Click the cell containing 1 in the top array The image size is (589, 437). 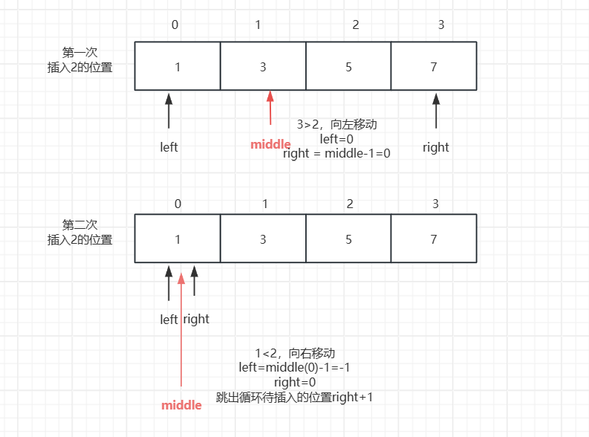tap(178, 66)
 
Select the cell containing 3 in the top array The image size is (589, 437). tap(263, 66)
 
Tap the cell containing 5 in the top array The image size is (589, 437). tap(348, 66)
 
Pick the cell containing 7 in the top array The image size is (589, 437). tap(434, 66)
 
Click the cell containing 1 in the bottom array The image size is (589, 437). tap(178, 239)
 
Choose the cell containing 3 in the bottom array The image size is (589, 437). tap(263, 239)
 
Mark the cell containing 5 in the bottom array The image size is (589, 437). tap(348, 239)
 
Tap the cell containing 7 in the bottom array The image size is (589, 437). tap(434, 239)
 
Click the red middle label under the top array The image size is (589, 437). tap(270, 144)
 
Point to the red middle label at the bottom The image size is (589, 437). tap(181, 405)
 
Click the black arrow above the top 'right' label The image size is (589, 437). tap(436, 111)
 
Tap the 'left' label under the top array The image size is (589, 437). tap(169, 147)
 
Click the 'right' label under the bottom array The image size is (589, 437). tap(196, 319)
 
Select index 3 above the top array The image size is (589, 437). tap(441, 25)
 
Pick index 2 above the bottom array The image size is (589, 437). tap(355, 203)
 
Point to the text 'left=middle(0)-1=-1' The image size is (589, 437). tap(294, 368)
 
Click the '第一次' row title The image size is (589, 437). tap(80, 53)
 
